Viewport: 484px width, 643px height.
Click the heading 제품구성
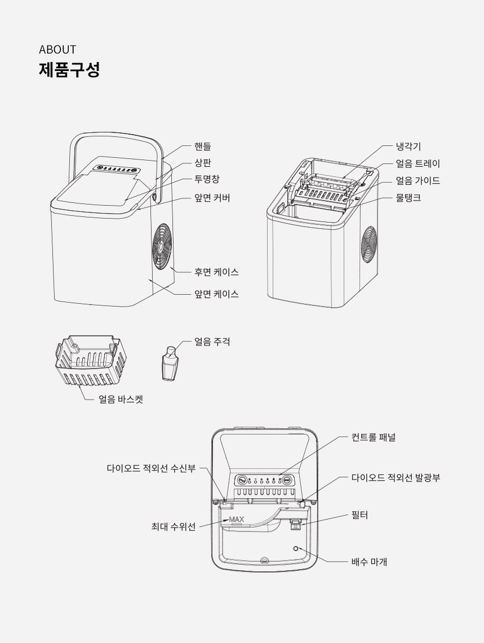[69, 70]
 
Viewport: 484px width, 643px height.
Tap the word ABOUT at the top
[57, 50]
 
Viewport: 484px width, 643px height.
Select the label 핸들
[203, 147]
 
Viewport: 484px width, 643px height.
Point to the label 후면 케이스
[216, 272]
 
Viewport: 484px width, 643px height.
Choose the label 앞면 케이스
[216, 294]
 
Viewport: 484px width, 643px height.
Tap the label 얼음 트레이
[418, 164]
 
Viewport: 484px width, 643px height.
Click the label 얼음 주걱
[212, 342]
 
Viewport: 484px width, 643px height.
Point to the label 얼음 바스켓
[121, 400]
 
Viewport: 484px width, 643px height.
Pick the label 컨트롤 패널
[373, 437]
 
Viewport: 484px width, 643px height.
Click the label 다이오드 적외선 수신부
[151, 468]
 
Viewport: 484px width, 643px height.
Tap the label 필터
[359, 515]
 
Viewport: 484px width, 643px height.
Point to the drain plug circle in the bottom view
[296, 548]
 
